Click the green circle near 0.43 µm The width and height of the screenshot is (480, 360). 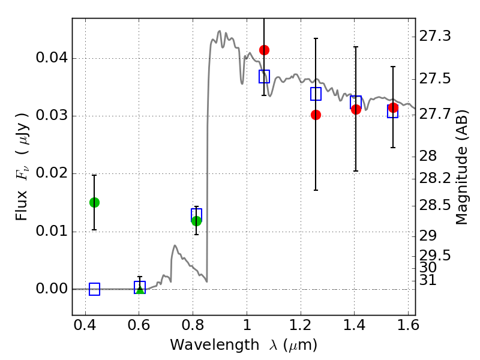tap(94, 202)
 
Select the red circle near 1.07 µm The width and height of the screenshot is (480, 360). tap(264, 50)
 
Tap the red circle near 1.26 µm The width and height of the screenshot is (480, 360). tap(316, 115)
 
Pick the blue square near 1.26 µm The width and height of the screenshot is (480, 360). tap(316, 94)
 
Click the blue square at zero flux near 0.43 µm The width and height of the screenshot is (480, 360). tap(94, 289)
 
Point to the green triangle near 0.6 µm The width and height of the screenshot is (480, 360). tap(140, 289)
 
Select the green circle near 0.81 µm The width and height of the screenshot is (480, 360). tap(196, 221)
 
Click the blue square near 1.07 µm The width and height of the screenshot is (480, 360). tap(264, 76)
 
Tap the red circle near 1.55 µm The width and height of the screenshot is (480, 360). tap(393, 107)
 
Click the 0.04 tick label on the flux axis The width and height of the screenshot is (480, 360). tap(52, 58)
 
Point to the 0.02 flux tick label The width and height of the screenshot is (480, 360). tap(52, 173)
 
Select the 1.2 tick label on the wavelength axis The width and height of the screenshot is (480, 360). tap(301, 325)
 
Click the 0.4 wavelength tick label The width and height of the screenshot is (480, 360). tap(85, 325)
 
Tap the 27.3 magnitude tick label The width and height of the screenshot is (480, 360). tap(435, 36)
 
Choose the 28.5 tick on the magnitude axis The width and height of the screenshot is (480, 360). tap(435, 205)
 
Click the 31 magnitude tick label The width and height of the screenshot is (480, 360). tap(428, 280)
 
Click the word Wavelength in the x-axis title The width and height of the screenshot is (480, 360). tap(215, 346)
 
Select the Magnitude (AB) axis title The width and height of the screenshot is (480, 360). tap(461, 167)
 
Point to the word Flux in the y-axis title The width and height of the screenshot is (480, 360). tap(22, 205)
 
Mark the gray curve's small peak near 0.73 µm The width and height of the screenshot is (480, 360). tap(175, 245)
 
